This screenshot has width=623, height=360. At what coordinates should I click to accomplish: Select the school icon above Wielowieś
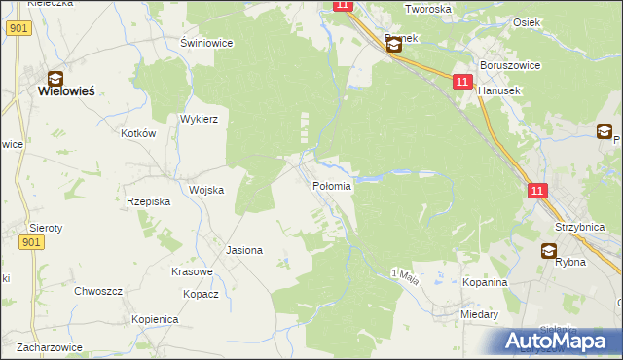click(55, 76)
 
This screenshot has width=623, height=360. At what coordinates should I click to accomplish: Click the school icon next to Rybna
click(550, 250)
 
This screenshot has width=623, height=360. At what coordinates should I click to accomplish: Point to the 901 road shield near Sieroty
click(30, 241)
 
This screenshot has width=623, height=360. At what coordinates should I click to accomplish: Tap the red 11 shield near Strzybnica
click(536, 192)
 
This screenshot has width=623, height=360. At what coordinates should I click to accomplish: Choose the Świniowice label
click(204, 43)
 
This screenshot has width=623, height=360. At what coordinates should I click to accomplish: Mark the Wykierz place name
click(199, 119)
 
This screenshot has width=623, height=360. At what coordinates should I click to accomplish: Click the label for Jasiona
click(244, 250)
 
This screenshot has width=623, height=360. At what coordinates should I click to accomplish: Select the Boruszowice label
click(502, 66)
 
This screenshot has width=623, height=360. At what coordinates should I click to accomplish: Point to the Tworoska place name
click(427, 9)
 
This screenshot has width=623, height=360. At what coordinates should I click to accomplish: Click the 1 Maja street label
click(404, 273)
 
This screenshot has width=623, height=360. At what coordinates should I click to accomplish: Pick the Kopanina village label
click(485, 281)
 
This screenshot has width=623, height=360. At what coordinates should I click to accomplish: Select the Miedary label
click(481, 315)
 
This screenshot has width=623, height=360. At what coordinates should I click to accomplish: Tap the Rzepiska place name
click(149, 201)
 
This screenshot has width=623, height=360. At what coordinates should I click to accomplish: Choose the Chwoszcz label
click(98, 291)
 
